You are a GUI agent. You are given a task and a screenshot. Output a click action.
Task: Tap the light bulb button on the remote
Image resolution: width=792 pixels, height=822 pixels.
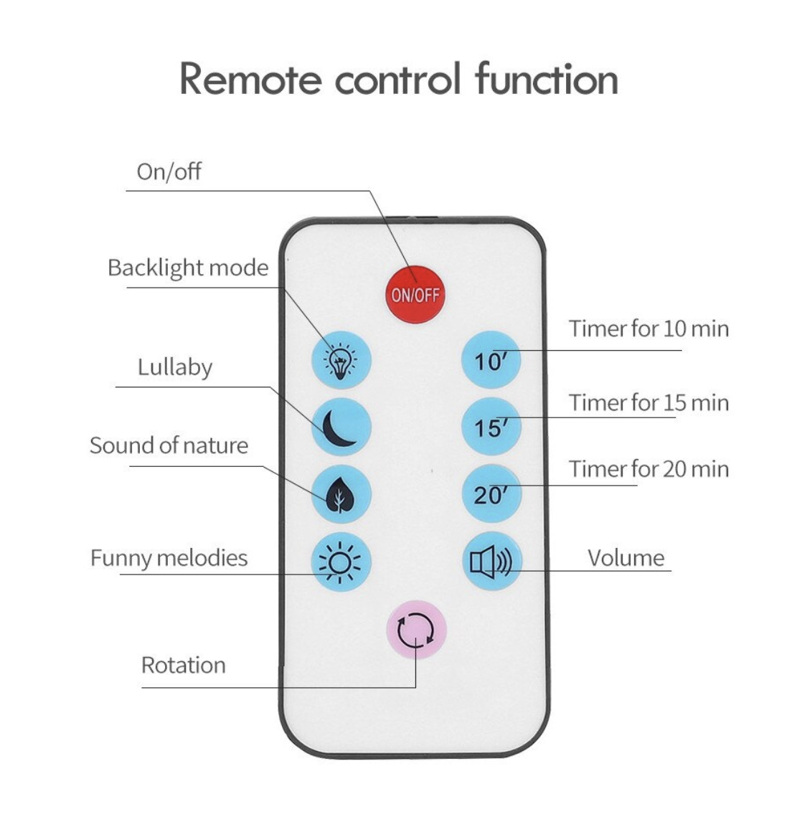(x=341, y=359)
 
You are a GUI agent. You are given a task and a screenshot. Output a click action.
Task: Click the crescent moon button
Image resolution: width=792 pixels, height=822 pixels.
(x=341, y=427)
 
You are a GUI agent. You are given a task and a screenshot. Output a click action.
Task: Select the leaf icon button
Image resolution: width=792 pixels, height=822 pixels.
(x=341, y=494)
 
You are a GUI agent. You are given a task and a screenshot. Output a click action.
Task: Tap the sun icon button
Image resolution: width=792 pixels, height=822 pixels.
(x=341, y=562)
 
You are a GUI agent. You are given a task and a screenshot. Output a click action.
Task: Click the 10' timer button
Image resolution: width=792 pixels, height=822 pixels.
(x=491, y=360)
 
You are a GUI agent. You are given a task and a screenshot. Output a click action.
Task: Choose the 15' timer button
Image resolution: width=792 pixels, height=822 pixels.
(x=491, y=427)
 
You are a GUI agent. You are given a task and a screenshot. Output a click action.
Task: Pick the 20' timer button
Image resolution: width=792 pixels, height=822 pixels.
(x=491, y=494)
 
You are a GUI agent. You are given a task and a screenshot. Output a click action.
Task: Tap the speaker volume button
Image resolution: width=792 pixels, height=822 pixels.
(x=491, y=562)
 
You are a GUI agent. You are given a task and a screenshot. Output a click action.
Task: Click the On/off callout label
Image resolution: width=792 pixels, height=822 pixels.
(x=169, y=172)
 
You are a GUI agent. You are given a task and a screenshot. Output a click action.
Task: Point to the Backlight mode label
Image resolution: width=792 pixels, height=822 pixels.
(x=188, y=268)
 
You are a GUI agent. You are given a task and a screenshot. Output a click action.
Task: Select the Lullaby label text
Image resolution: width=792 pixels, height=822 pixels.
(x=175, y=367)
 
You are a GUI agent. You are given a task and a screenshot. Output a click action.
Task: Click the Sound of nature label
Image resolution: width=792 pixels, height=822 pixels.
(x=169, y=445)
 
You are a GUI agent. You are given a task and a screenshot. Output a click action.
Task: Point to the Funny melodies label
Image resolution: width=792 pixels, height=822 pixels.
(x=169, y=558)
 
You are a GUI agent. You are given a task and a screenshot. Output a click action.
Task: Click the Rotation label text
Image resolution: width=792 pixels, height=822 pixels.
(x=184, y=665)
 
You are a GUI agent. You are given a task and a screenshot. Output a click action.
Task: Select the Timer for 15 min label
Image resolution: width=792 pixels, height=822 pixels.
(x=649, y=403)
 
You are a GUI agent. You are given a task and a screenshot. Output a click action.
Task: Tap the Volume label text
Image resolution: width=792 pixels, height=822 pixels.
(x=626, y=558)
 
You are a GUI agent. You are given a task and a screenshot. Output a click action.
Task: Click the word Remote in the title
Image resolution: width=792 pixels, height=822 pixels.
(x=250, y=79)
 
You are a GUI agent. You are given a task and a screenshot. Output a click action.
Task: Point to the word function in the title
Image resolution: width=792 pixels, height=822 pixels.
(x=546, y=79)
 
